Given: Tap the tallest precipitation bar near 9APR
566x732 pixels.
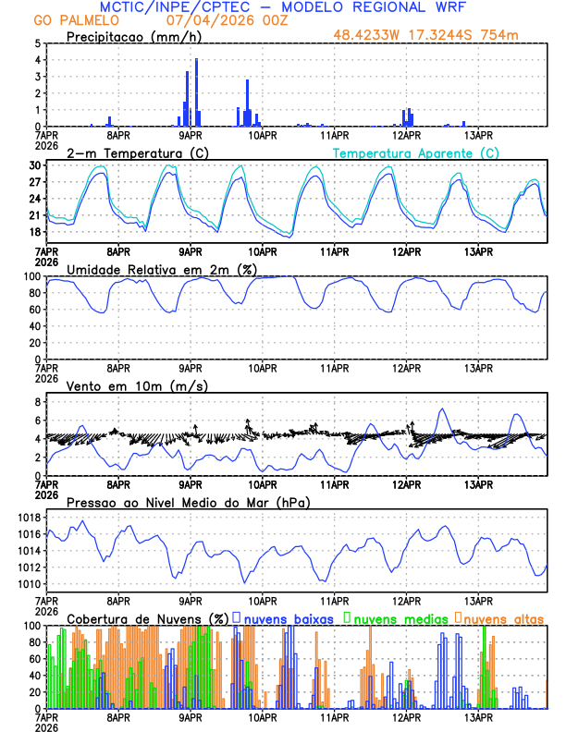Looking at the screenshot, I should coord(196,92).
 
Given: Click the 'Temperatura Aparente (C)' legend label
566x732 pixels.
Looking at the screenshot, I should coord(415,152).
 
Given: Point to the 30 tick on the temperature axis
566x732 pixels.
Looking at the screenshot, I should coord(35,165).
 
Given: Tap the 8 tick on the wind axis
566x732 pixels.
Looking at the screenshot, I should coord(38,402).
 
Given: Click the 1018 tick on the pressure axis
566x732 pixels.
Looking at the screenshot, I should coord(30,518).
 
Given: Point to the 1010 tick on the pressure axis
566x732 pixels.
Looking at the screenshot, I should coord(30,584).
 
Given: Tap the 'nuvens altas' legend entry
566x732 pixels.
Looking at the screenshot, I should coord(504,617).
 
